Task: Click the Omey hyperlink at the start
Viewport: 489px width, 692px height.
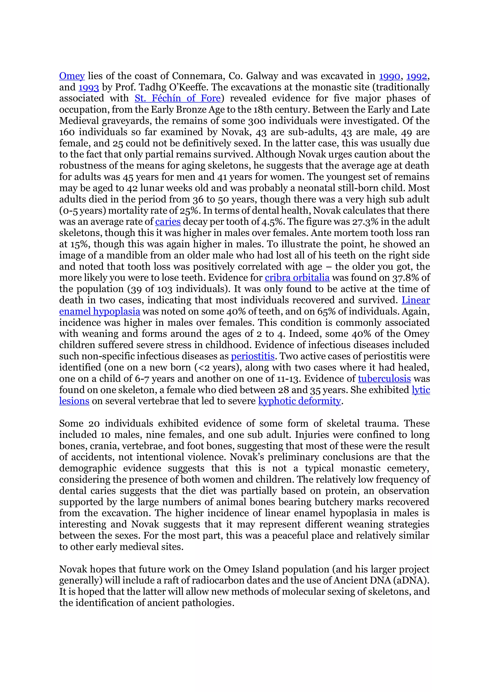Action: (72, 76)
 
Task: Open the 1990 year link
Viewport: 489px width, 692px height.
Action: (389, 76)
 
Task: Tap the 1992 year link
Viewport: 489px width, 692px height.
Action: (417, 76)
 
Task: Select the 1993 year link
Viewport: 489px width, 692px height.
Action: (89, 87)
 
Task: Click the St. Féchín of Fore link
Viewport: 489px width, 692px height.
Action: (178, 99)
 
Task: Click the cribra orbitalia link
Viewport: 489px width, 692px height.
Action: (297, 278)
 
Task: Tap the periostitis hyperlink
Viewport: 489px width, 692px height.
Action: (252, 356)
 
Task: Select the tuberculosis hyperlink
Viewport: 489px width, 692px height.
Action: (384, 379)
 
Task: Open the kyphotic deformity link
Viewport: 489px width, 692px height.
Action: (299, 401)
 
